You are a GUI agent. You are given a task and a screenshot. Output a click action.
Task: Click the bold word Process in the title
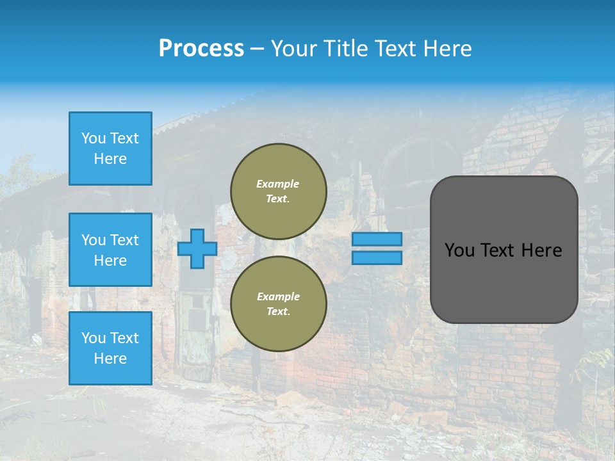[201, 49]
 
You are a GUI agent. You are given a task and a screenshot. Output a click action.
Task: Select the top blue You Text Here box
[110, 149]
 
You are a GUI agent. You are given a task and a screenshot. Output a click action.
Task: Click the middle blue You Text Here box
[110, 250]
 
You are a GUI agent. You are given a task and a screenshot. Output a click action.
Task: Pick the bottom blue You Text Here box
[110, 348]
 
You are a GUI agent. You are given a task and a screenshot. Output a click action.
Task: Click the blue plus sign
[197, 248]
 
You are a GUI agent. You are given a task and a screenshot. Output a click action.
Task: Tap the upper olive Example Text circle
[278, 191]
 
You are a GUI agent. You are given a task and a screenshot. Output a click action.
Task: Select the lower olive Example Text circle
[278, 304]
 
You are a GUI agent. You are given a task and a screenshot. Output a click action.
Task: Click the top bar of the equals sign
[377, 239]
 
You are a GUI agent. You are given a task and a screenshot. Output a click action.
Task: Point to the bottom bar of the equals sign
[377, 257]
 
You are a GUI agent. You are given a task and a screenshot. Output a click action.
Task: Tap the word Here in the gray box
[541, 250]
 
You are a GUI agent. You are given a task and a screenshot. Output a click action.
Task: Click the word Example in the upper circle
[278, 184]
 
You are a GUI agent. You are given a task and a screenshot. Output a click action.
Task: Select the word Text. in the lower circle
[278, 312]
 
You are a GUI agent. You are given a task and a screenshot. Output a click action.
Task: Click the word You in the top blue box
[93, 138]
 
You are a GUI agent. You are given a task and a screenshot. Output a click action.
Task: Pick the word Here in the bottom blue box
[110, 359]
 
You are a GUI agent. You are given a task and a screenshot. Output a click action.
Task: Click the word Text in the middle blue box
[124, 240]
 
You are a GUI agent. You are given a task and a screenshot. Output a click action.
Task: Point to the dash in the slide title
[257, 49]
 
